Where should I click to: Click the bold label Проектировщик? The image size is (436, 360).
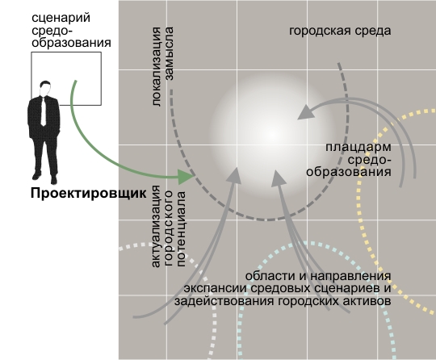click(89, 193)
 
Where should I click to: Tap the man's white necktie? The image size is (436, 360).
click(44, 111)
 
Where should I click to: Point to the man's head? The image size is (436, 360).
click(45, 89)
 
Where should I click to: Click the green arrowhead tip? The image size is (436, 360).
click(194, 175)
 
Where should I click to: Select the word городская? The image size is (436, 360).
click(315, 31)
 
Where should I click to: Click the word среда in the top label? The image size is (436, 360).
click(367, 31)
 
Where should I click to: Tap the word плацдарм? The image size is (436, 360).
click(358, 148)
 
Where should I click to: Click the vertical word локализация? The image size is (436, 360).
click(157, 67)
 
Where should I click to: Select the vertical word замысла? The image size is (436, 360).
click(169, 53)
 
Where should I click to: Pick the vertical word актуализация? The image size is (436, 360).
click(156, 226)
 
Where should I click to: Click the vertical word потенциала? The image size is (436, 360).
click(181, 229)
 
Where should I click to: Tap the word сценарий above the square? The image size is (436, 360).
click(61, 18)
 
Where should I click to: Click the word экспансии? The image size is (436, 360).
click(216, 288)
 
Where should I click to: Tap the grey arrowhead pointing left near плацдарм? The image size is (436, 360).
click(306, 112)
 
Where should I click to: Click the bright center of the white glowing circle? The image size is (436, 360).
click(272, 136)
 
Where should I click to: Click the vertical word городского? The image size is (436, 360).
click(169, 228)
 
